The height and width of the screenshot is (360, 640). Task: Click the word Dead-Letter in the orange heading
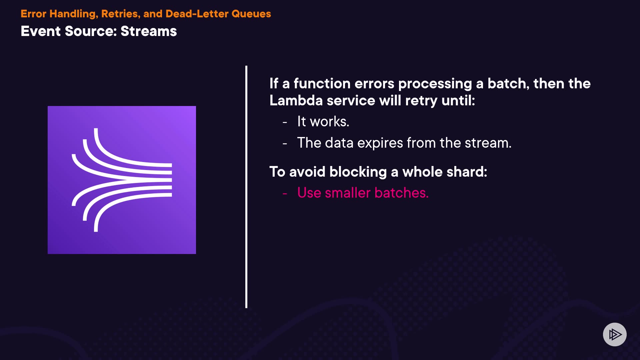tap(197, 14)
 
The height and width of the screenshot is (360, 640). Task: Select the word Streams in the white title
tap(149, 31)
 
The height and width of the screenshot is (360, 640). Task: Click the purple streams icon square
tap(122, 180)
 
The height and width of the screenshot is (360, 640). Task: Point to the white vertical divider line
tap(246, 187)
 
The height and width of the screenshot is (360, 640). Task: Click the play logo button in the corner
tap(615, 334)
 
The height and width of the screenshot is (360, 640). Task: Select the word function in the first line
tap(322, 83)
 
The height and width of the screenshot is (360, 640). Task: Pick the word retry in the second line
tap(421, 101)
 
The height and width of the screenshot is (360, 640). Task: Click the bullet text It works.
tap(323, 121)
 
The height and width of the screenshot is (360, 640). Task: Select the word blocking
tap(358, 172)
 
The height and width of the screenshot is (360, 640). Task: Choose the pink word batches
tap(402, 193)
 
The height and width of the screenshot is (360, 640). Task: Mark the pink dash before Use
tap(285, 193)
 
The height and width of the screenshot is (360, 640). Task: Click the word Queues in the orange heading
tap(251, 14)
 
